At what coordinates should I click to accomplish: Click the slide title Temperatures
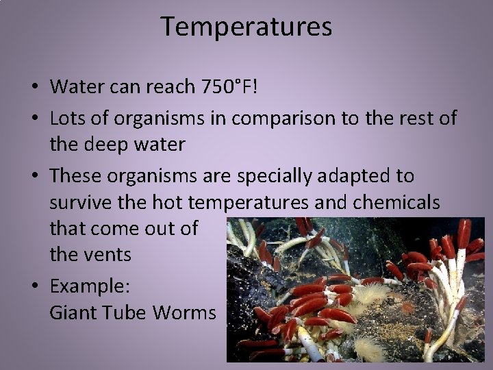point(246,27)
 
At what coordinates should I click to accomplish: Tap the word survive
point(81,203)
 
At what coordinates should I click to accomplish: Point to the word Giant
point(73,312)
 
